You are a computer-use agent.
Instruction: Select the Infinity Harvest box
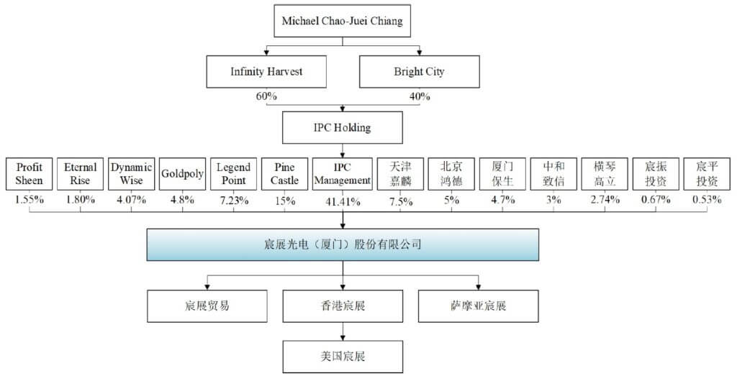click(266, 72)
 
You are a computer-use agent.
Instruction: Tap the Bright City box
click(419, 72)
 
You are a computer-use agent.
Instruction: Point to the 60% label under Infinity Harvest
click(266, 96)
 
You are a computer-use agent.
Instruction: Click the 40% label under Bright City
click(419, 96)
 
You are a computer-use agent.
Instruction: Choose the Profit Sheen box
click(30, 174)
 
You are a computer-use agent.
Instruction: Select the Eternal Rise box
click(81, 174)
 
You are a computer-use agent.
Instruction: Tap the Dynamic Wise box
click(132, 174)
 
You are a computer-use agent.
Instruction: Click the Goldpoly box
click(183, 174)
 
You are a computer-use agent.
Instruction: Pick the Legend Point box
click(233, 174)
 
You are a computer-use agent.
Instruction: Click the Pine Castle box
click(284, 174)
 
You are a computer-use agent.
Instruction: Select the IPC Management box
click(343, 174)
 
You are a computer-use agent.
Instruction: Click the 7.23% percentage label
click(234, 201)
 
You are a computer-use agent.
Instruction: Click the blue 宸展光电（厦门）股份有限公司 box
click(343, 244)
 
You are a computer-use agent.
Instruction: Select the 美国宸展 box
click(343, 355)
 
